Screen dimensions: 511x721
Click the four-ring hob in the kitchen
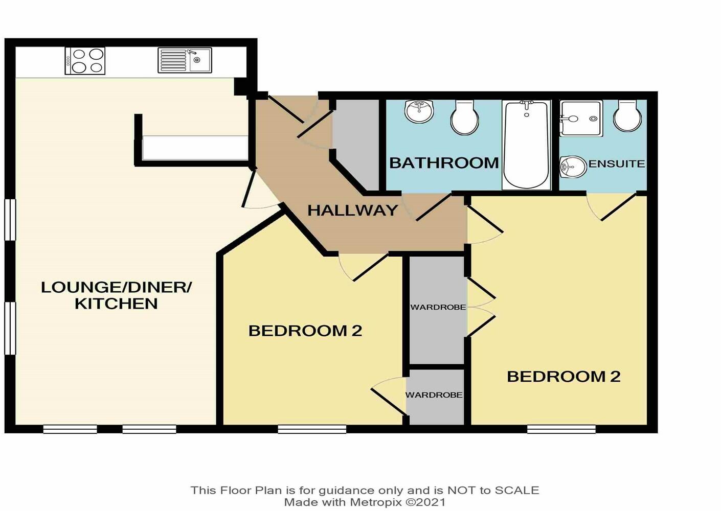pyautogui.click(x=85, y=61)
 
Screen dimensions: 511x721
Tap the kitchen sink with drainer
pyautogui.click(x=185, y=60)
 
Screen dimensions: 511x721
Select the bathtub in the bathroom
pyautogui.click(x=526, y=145)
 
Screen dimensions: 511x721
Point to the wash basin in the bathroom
pyautogui.click(x=419, y=111)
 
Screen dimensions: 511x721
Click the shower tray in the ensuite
pyautogui.click(x=581, y=119)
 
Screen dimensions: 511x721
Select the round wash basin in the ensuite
pyautogui.click(x=573, y=167)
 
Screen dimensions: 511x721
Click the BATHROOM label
pyautogui.click(x=443, y=163)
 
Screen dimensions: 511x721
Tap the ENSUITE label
pyautogui.click(x=616, y=164)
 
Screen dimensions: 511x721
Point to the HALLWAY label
pyautogui.click(x=352, y=210)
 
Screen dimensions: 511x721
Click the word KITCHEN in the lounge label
pyautogui.click(x=116, y=304)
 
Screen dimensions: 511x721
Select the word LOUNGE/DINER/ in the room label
pyautogui.click(x=116, y=287)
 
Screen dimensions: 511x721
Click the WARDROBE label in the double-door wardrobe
pyautogui.click(x=438, y=307)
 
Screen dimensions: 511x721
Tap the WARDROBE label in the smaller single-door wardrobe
pyautogui.click(x=434, y=395)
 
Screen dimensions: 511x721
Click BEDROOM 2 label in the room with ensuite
pyautogui.click(x=563, y=377)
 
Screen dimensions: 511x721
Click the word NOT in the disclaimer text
pyautogui.click(x=460, y=490)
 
